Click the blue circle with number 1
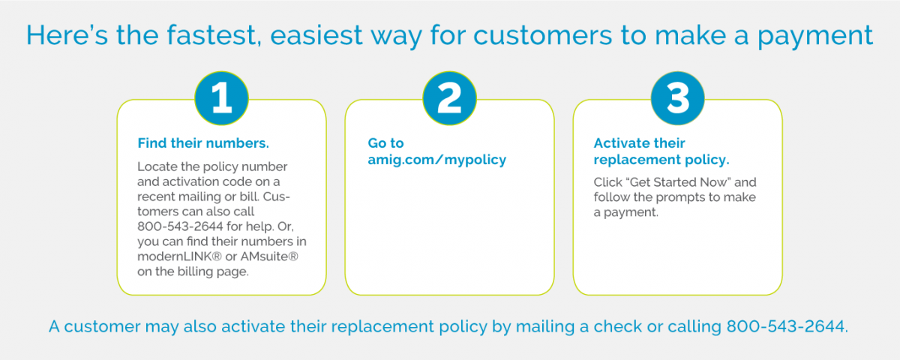click(x=221, y=99)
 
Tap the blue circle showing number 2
click(x=449, y=99)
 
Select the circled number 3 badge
click(x=677, y=99)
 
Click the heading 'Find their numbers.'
click(x=202, y=142)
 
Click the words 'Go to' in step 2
click(x=385, y=142)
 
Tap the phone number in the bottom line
click(x=786, y=328)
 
